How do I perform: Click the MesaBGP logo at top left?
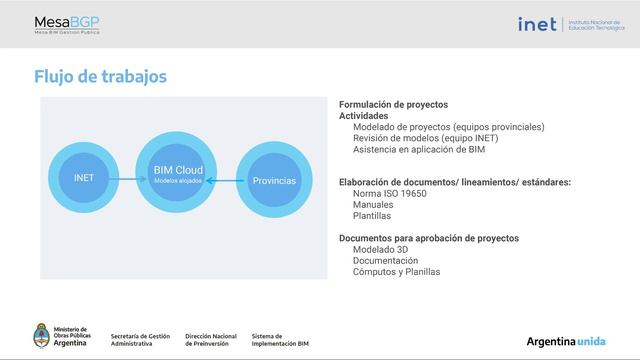coord(67,24)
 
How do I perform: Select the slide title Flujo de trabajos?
coord(100,77)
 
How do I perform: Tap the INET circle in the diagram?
coord(84,178)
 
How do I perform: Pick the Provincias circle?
coord(273,180)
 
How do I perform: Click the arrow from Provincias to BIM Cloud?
coord(228,180)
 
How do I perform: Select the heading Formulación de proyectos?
coord(393,105)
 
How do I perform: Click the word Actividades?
coord(364,116)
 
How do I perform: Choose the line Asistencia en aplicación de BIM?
coord(419,149)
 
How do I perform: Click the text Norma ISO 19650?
coord(390,193)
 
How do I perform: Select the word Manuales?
coord(374,204)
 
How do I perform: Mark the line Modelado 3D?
coord(380,249)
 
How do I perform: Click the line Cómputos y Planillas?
coord(396,271)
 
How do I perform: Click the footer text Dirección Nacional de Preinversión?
coord(211,340)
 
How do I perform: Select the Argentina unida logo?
coord(566,341)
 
